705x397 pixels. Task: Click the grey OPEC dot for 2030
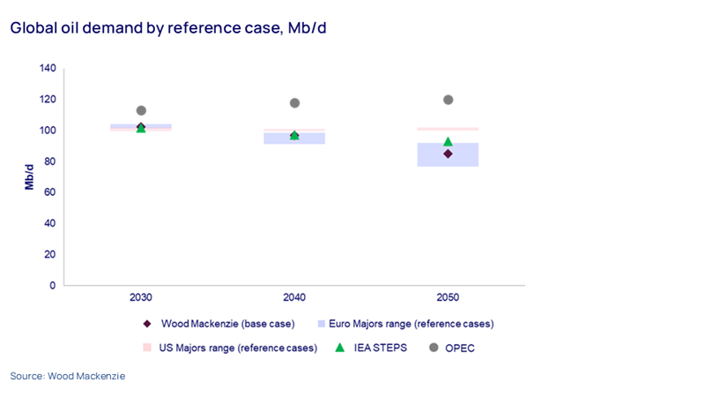[141, 110]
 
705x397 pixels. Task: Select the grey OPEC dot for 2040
[294, 103]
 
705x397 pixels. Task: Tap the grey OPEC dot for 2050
[448, 100]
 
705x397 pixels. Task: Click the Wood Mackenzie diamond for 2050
[448, 154]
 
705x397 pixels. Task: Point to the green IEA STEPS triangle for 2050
[448, 141]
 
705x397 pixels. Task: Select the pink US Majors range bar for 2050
[448, 129]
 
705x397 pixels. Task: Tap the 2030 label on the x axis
[141, 298]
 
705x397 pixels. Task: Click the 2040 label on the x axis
[294, 298]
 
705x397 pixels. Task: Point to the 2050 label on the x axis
[448, 298]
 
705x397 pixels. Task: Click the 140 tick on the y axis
[48, 68]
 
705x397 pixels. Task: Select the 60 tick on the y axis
[50, 192]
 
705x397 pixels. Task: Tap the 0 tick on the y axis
[53, 285]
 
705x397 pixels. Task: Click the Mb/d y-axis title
[29, 176]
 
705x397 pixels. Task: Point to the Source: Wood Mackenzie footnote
[68, 376]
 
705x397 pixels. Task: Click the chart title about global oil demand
[168, 28]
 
